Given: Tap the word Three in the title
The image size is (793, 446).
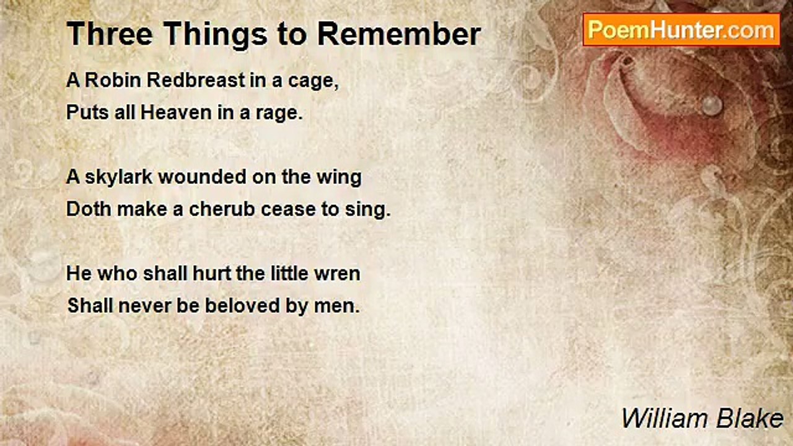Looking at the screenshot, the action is [x=110, y=34].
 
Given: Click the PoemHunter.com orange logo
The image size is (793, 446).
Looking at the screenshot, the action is [x=681, y=30].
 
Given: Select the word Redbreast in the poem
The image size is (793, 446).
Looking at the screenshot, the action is [x=196, y=80].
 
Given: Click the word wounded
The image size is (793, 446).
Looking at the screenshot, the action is [x=202, y=177].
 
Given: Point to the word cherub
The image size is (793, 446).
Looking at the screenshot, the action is [x=222, y=209].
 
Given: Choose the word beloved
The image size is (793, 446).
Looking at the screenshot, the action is [x=242, y=305].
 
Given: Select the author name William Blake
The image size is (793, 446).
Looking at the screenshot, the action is [x=703, y=419].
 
